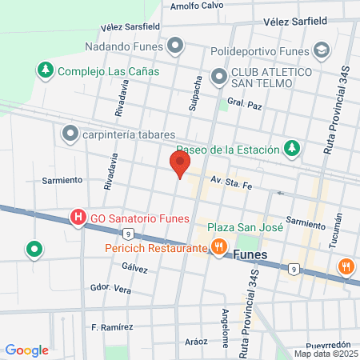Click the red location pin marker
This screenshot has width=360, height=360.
click(x=180, y=163)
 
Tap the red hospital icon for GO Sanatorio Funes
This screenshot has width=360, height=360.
click(x=78, y=218)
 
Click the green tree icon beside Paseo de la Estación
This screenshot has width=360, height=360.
click(x=294, y=149)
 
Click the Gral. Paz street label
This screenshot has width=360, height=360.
click(x=245, y=102)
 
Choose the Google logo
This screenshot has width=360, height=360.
click(x=26, y=350)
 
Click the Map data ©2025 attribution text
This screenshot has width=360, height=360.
click(x=326, y=354)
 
